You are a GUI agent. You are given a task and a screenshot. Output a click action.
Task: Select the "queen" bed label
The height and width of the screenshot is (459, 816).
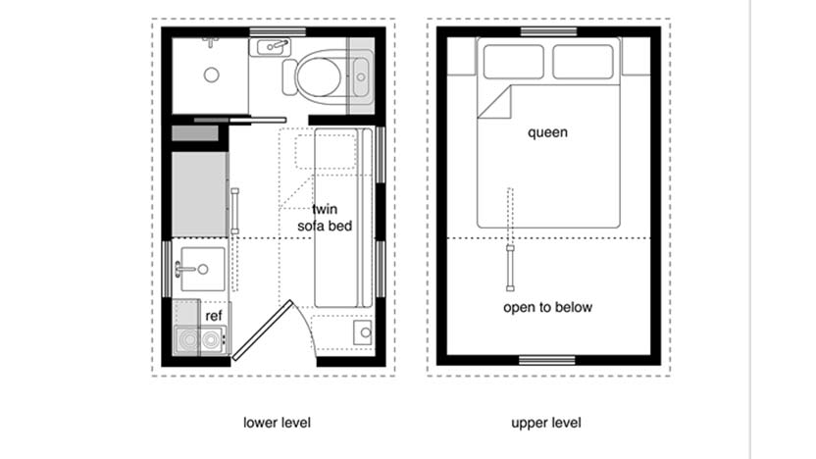(x=547, y=132)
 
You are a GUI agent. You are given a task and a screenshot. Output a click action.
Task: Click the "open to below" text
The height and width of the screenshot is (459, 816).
(x=548, y=308)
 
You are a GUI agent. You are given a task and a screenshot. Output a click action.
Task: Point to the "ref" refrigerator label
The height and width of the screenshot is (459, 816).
(x=214, y=316)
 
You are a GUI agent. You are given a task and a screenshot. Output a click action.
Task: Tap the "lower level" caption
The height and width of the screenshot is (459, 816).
(x=278, y=423)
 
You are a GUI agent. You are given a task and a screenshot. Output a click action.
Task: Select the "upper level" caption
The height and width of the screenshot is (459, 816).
(x=546, y=423)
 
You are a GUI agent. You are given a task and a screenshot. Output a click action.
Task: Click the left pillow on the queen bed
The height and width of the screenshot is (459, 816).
(x=511, y=61)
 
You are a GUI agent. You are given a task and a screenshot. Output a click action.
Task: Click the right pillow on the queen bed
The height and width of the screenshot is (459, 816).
(x=585, y=61)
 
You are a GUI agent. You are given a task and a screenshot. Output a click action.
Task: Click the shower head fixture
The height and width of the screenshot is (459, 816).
(x=210, y=43)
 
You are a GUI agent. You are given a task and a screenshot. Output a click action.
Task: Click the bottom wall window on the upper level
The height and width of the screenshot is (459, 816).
(x=546, y=359)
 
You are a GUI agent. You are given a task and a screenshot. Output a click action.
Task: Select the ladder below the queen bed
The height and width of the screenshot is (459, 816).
(x=509, y=267)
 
